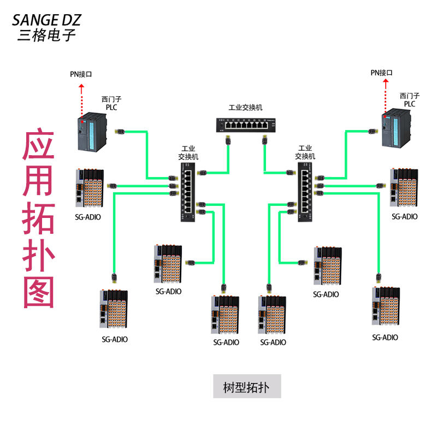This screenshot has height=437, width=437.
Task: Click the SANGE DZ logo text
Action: tap(46, 20)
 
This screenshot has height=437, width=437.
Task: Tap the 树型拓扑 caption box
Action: tap(247, 386)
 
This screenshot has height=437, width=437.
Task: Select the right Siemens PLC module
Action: tap(398, 128)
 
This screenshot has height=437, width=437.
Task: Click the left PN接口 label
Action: tap(81, 74)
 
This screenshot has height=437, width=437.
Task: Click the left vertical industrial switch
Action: tap(188, 194)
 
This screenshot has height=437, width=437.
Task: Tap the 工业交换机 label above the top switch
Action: tap(245, 108)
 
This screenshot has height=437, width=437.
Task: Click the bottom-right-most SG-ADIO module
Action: tap(385, 307)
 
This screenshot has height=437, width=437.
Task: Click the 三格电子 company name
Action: tap(46, 36)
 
